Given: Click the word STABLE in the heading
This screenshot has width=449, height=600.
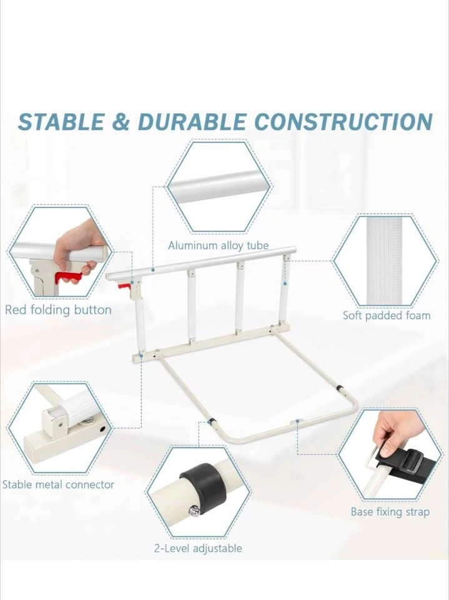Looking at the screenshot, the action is point(61,122).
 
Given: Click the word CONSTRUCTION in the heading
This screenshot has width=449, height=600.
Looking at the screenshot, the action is point(343,122).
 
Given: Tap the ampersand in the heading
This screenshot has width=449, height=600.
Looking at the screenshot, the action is point(121,122).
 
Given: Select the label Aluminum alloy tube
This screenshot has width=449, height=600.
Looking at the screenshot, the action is point(219,245).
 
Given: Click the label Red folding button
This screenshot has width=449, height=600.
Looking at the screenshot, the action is point(58,309).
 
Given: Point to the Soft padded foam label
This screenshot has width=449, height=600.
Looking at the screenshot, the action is point(387,315).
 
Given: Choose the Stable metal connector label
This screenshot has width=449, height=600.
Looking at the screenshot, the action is point(58,484).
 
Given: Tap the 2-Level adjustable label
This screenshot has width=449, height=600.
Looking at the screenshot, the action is point(198,548).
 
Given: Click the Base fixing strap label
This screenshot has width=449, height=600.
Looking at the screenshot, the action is point(390,512).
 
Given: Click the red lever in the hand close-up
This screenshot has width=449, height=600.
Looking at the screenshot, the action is point(67,277).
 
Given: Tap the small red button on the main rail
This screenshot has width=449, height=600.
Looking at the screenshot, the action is point(124,286).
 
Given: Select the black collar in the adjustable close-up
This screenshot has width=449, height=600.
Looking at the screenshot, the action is point(204,487).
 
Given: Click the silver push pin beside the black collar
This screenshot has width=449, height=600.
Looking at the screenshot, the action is point(195,511).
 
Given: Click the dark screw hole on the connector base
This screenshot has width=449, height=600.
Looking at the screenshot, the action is point(102,429).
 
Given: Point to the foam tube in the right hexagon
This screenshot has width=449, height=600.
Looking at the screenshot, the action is point(384,261).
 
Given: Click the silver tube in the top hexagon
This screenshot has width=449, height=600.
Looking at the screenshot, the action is point(219,186).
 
